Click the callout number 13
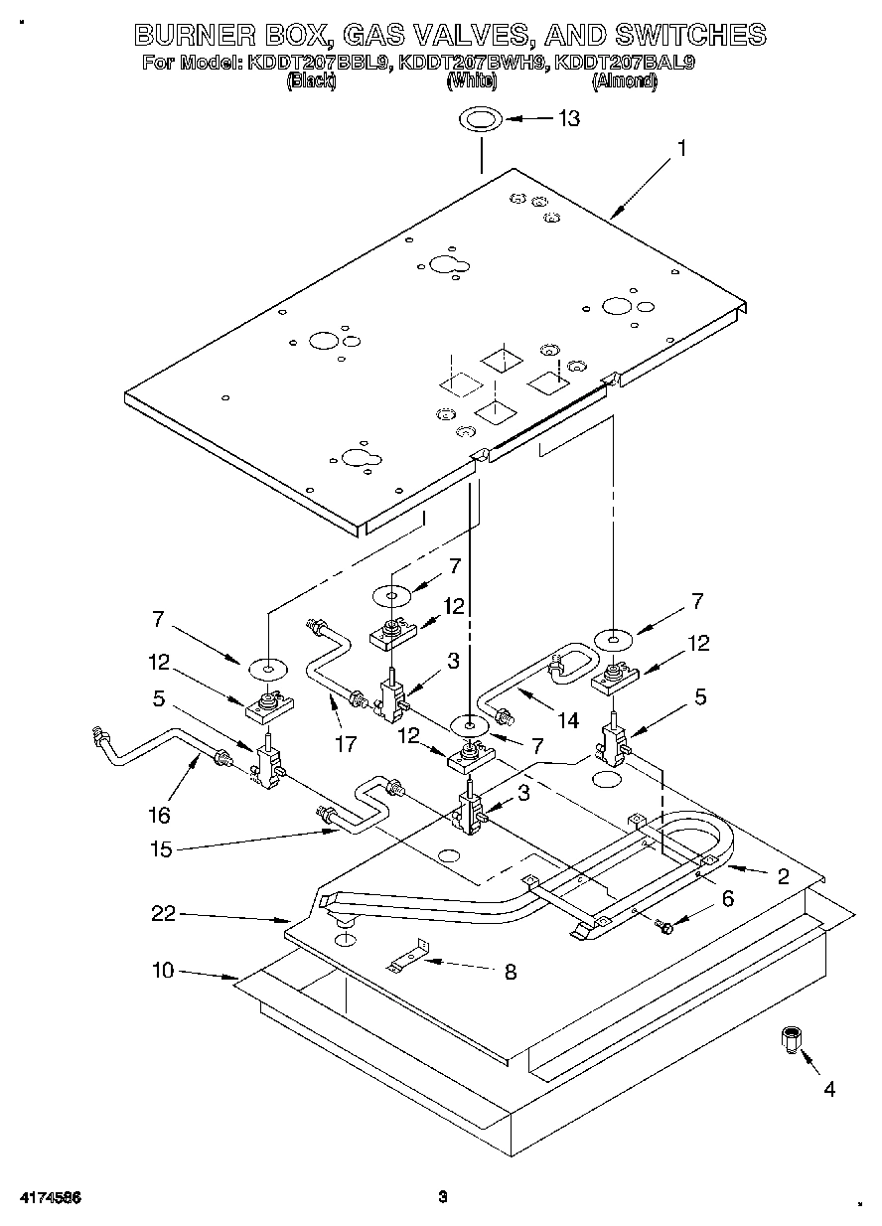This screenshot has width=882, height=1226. pyautogui.click(x=568, y=118)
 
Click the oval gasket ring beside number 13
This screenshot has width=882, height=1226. pyautogui.click(x=480, y=120)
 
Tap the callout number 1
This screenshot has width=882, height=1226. pyautogui.click(x=681, y=148)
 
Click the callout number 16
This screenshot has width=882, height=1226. pyautogui.click(x=159, y=815)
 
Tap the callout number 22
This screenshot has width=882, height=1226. pyautogui.click(x=163, y=914)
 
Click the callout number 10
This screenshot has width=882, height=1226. pyautogui.click(x=163, y=970)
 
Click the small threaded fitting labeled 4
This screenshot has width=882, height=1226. pyautogui.click(x=791, y=1040)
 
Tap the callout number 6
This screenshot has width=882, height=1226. pyautogui.click(x=728, y=898)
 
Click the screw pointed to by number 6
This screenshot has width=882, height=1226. pyautogui.click(x=665, y=927)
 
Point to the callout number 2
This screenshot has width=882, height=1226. pyautogui.click(x=783, y=875)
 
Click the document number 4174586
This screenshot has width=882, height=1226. pyautogui.click(x=49, y=1196)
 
